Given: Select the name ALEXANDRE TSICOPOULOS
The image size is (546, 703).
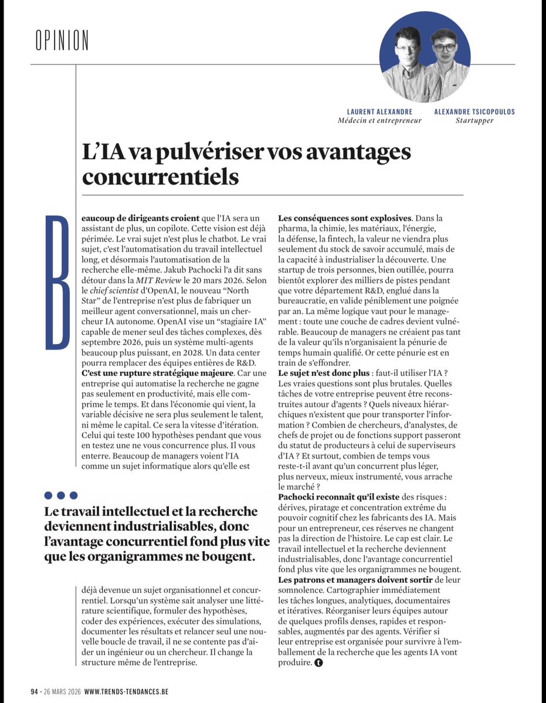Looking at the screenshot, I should coord(474,112).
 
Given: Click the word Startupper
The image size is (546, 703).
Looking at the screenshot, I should coord(474,121).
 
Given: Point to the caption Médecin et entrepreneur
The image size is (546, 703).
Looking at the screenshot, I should coord(379,121).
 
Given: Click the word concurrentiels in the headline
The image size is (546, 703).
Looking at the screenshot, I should coord(161,177).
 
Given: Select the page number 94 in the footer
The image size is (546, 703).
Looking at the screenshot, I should coord(35,691).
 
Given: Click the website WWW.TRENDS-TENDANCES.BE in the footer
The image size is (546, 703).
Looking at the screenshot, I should coord(126,691).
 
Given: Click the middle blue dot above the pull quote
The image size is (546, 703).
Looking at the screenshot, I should coord(62,495).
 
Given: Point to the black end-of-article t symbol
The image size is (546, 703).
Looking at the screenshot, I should coord(318,663).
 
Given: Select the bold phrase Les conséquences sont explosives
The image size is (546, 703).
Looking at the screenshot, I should coord(345,219).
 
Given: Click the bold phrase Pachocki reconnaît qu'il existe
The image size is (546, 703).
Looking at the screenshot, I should coord(338,497).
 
